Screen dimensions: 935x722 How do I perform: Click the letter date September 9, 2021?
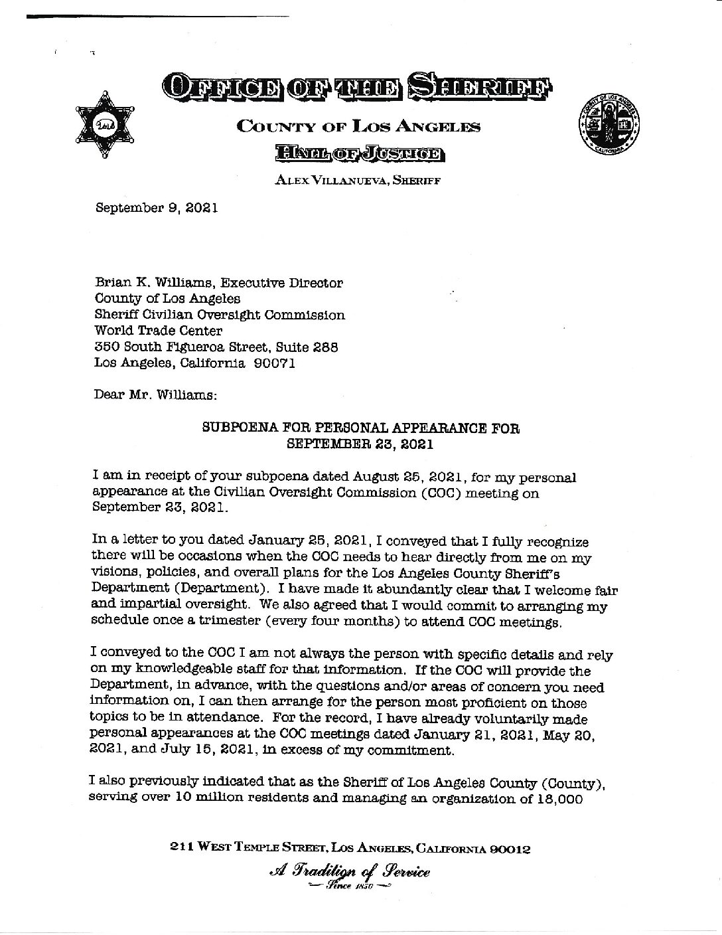tap(157, 207)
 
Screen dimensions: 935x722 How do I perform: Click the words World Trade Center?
tap(159, 331)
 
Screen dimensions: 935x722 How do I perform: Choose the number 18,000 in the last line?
tap(557, 799)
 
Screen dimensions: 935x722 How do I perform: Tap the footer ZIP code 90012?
tap(509, 848)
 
